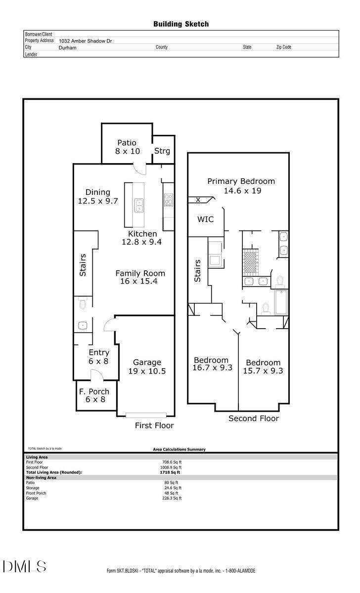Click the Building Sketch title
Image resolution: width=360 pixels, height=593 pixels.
[x=181, y=24]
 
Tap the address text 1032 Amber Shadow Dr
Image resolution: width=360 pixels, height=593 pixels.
[x=85, y=41]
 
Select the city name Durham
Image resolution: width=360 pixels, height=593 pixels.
[x=68, y=47]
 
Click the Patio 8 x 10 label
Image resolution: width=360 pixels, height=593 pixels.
[x=127, y=147]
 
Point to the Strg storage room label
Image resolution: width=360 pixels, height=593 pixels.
[x=162, y=151]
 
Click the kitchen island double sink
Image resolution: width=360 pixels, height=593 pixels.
[x=139, y=205]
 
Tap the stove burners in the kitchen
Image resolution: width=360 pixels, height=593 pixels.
[x=169, y=200]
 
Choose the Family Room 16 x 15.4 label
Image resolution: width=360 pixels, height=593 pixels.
[x=140, y=277]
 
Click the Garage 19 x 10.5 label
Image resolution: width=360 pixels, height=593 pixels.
[x=147, y=366]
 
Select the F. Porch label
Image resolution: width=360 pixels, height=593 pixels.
[x=94, y=391]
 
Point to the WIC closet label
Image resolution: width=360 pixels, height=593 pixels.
[x=205, y=219]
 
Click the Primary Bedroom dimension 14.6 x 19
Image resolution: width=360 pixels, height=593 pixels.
[x=242, y=191]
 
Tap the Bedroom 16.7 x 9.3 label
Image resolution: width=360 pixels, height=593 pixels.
[x=212, y=364]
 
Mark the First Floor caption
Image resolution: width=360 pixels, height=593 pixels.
[x=154, y=425]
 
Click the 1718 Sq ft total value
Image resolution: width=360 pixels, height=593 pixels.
[x=170, y=472]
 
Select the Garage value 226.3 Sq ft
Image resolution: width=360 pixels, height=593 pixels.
[x=172, y=498]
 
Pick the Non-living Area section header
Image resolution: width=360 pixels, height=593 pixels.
[x=41, y=477]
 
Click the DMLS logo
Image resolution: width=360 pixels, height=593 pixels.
[x=24, y=567]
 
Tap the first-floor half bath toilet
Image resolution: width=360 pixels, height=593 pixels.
[x=83, y=303]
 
